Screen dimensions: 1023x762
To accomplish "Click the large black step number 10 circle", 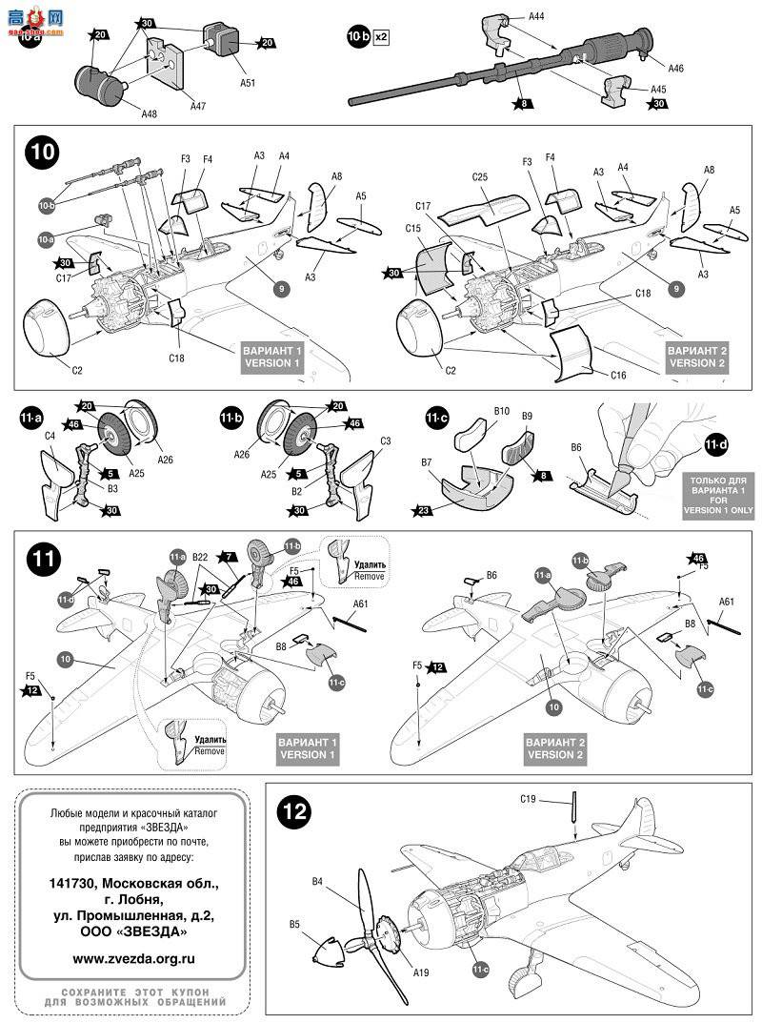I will tap(44, 153).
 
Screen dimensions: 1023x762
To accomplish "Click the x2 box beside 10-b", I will tap(382, 37).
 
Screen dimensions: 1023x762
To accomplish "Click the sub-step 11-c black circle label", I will tap(437, 419).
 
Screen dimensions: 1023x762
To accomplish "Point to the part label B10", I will tap(502, 412).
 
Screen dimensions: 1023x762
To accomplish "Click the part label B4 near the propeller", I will tap(318, 882).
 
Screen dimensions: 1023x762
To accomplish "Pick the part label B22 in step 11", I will tap(199, 556).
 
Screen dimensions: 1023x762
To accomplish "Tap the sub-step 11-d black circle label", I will tap(715, 444).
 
